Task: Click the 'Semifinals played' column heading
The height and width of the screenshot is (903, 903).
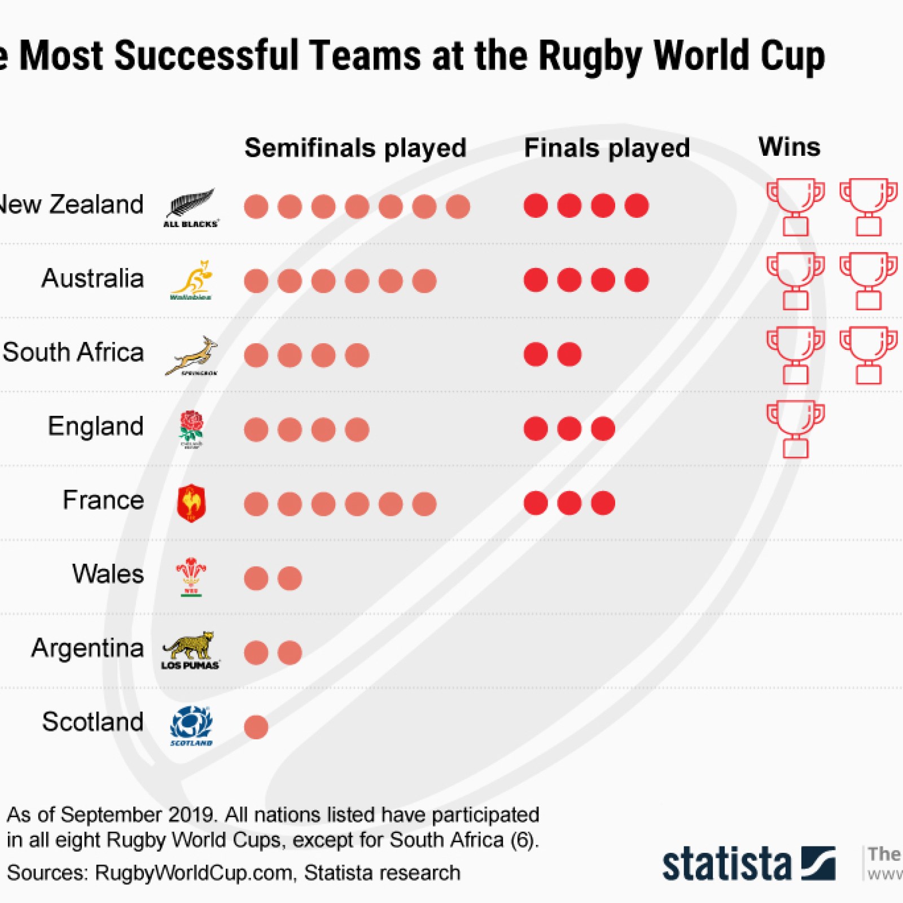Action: point(355,148)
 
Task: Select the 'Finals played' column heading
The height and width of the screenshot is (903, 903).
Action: point(607,148)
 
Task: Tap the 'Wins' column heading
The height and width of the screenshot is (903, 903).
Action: point(789,147)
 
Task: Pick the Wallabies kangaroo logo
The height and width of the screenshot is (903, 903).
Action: point(192,280)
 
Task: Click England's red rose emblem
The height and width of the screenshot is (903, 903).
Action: point(191,428)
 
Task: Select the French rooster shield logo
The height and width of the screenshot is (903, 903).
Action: point(191,503)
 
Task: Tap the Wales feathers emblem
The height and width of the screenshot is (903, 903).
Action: point(191,576)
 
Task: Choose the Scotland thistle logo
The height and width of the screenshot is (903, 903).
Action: point(191,725)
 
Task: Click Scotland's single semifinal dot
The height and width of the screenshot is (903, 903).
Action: point(256,727)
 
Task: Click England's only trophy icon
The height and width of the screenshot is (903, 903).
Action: point(795,429)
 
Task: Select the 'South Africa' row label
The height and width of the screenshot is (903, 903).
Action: point(73,352)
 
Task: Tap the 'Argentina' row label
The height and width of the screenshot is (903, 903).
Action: point(87,648)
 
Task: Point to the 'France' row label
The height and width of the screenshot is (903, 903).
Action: point(103,500)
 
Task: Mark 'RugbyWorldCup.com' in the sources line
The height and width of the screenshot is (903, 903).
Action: point(194,873)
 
